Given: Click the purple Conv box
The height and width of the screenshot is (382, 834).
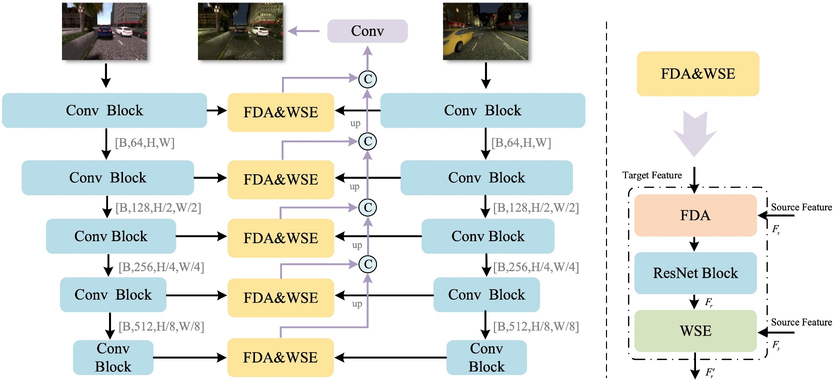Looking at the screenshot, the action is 367,31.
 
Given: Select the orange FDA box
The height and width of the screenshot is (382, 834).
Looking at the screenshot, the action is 695,215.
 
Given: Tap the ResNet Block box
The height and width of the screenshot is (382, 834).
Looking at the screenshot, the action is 695,273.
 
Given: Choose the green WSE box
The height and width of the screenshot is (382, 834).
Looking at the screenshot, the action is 695,331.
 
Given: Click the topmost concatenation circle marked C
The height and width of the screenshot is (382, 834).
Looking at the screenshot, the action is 367,79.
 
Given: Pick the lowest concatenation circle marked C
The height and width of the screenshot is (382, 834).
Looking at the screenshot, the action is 367,264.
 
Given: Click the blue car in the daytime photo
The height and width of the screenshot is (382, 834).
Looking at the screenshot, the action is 105,32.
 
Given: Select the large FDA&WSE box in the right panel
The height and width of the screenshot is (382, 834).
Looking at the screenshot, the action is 698,73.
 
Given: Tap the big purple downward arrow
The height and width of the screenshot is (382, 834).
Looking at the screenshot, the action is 695,134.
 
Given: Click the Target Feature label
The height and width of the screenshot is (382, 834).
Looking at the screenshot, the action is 652,175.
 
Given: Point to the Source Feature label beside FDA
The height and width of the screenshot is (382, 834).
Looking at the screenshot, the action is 801,207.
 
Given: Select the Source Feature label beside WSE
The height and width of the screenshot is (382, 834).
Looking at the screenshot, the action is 801,322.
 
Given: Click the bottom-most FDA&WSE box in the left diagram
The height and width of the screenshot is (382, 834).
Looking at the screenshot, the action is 280,358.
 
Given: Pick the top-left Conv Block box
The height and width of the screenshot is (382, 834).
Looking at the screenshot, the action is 104,110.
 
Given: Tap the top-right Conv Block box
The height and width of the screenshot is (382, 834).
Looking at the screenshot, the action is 483,110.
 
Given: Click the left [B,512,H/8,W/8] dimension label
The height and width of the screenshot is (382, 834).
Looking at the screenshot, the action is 161,327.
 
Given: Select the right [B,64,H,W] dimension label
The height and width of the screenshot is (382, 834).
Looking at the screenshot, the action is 521,142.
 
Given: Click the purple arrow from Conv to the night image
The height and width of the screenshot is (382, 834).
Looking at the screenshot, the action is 304,31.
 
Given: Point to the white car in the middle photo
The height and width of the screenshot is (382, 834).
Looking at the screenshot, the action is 259,31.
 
